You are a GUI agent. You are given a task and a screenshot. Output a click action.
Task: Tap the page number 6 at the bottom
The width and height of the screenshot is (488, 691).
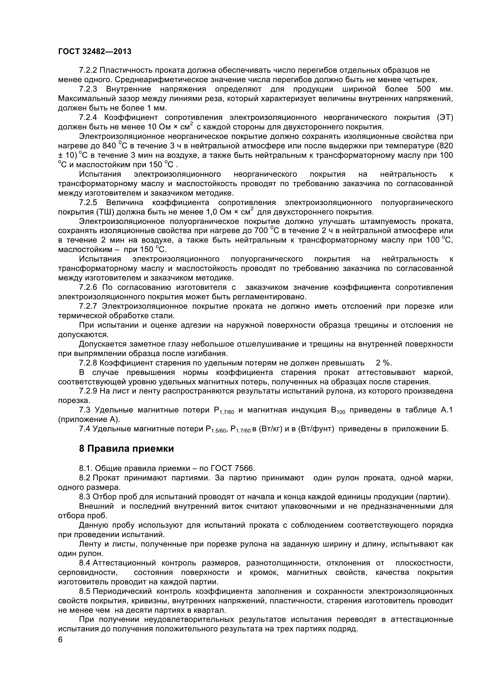[60, 648]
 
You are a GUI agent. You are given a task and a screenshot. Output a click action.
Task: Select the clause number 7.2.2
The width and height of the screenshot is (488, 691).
[88, 70]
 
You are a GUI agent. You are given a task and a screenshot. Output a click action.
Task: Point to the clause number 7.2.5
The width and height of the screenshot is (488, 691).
[88, 203]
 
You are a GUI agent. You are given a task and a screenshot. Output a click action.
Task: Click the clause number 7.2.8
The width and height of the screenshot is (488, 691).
[88, 363]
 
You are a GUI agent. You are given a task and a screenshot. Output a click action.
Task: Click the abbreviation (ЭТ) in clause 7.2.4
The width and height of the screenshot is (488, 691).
[445, 118]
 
